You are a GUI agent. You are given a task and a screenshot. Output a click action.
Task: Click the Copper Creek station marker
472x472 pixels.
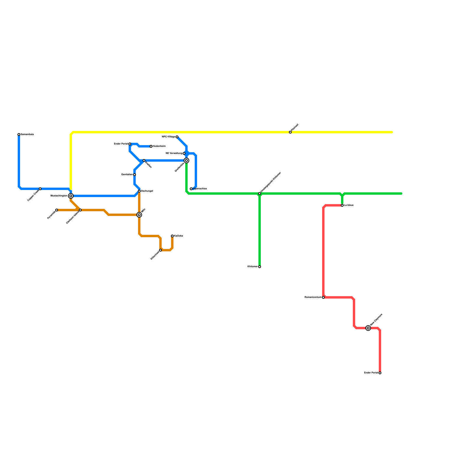pyautogui.click(x=40, y=189)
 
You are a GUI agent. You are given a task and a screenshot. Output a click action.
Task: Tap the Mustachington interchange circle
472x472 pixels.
pyautogui.click(x=71, y=196)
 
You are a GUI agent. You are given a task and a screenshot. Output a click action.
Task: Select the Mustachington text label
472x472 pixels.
pyautogui.click(x=59, y=196)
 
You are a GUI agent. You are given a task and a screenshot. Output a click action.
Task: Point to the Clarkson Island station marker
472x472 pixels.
pyautogui.click(x=80, y=210)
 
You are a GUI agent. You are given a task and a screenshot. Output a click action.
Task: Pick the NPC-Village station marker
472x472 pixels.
pyautogui.click(x=177, y=137)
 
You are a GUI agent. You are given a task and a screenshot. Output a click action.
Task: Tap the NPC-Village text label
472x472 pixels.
pyautogui.click(x=168, y=137)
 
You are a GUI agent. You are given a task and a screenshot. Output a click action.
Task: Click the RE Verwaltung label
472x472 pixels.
pyautogui.click(x=174, y=153)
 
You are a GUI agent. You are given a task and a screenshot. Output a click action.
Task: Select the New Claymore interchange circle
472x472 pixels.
pyautogui.click(x=368, y=328)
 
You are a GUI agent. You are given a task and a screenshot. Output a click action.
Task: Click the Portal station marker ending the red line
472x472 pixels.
pyautogui.click(x=380, y=373)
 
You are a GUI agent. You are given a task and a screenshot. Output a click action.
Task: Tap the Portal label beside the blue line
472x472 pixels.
pyautogui.click(x=121, y=144)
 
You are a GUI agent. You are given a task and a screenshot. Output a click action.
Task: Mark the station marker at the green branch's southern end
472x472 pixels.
pyautogui.click(x=260, y=267)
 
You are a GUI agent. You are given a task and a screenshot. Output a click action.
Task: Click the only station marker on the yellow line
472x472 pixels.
pyautogui.click(x=290, y=132)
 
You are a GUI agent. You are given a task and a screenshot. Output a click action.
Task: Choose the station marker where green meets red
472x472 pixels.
pyautogui.click(x=342, y=205)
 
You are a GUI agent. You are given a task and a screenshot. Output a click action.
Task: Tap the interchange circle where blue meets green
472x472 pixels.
pyautogui.click(x=186, y=160)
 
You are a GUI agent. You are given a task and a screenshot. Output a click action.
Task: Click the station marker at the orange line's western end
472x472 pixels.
pyautogui.click(x=57, y=210)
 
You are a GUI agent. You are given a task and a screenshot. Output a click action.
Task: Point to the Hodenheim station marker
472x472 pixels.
pyautogui.click(x=151, y=146)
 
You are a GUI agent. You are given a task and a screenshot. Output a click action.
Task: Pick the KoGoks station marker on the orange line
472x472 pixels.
pyautogui.click(x=172, y=236)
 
